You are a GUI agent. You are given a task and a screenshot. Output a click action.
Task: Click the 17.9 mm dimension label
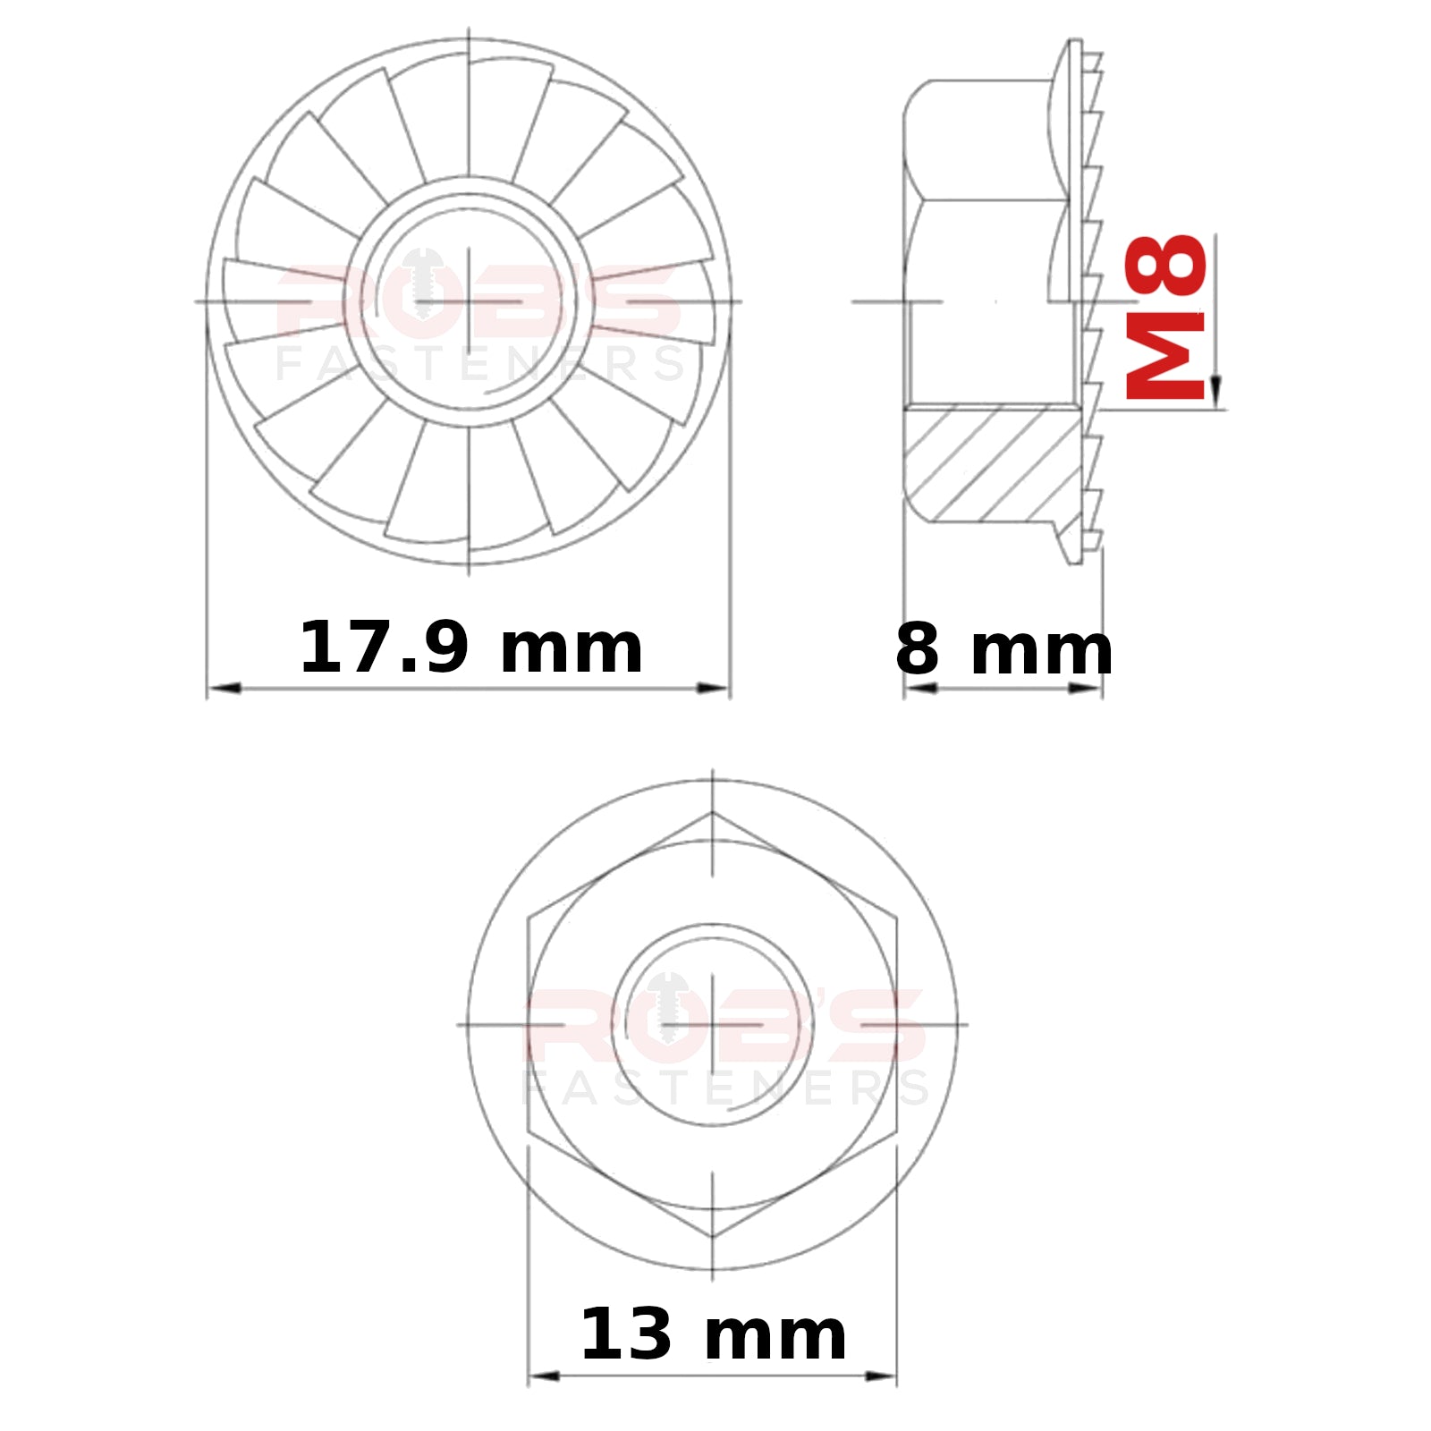pos(470,648)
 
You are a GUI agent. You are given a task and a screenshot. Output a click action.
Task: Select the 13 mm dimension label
pos(713,1334)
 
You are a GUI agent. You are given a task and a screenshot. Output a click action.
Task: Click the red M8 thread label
pos(1165,317)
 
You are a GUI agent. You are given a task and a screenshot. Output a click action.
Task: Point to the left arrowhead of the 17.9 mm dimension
pos(224,688)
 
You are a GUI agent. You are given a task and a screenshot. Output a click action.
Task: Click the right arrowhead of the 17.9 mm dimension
pos(714,688)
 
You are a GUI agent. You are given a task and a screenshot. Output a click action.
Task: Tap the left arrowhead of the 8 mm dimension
pos(920,688)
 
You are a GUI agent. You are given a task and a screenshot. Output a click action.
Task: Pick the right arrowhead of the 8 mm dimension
pos(1086,688)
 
